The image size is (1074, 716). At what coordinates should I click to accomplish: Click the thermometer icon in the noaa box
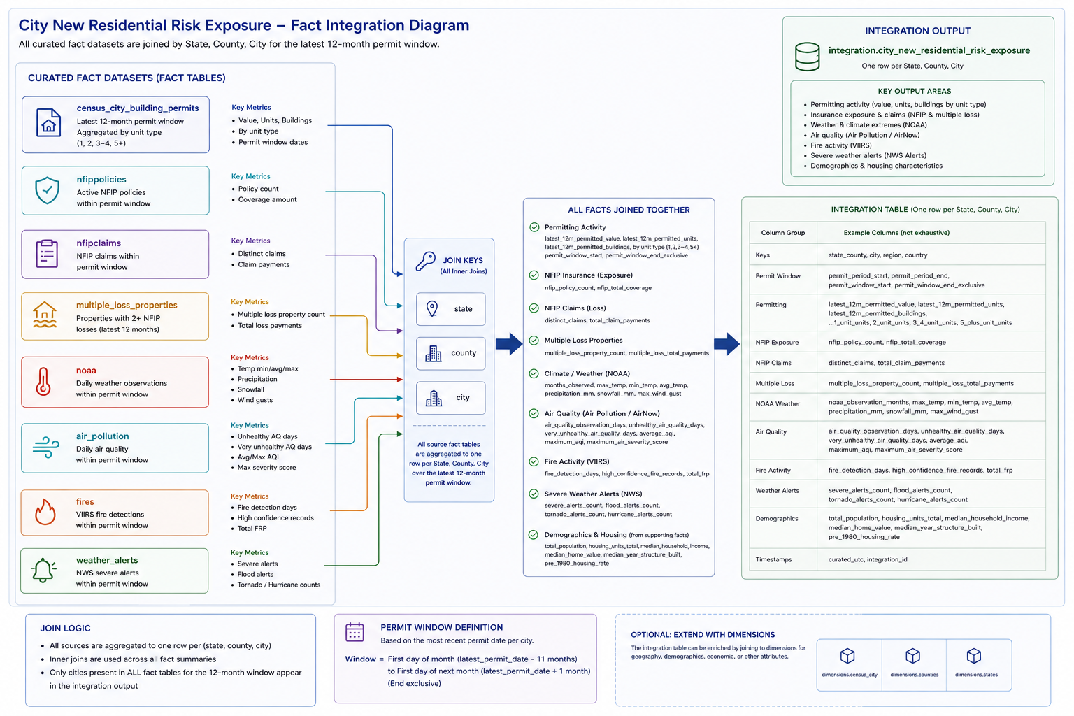point(43,382)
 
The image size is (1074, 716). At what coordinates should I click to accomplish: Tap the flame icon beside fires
point(45,512)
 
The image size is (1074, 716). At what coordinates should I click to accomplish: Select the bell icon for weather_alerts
point(43,570)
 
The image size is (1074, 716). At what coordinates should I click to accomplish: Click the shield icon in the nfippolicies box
point(47,190)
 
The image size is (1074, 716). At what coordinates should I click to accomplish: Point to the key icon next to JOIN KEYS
point(425,262)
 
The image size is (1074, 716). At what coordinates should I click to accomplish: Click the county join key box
point(451,353)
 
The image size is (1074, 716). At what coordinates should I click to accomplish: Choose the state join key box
point(451,309)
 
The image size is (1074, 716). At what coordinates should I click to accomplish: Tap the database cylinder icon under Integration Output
point(808,57)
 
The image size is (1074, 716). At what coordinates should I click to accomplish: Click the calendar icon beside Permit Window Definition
point(355,632)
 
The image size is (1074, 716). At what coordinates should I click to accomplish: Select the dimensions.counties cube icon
point(913,656)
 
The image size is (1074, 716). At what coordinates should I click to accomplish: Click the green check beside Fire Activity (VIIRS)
point(534,461)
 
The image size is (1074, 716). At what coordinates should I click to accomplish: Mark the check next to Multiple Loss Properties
point(534,341)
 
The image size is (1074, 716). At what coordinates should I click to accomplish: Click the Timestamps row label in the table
point(773,559)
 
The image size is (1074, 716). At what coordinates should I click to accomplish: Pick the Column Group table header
point(783,233)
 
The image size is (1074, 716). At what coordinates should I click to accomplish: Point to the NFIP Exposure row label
point(777,343)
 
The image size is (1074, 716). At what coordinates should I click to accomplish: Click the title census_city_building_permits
point(138,108)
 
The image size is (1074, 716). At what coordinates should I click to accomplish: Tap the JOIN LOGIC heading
point(65,628)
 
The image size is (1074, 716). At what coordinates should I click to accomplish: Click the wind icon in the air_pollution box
point(45,447)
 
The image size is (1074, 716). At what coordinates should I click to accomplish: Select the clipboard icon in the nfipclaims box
point(47,253)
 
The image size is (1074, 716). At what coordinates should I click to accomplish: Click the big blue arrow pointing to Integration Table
point(727,344)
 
